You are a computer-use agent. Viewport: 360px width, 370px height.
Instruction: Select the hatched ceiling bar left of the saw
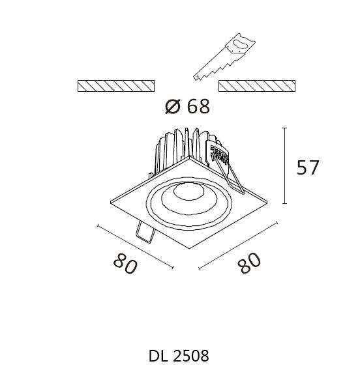(x=117, y=86)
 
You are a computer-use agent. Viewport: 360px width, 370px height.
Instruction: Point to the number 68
(x=198, y=106)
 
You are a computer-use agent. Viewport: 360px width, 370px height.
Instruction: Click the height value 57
(x=308, y=167)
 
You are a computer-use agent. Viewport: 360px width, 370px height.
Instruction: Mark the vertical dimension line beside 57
(x=285, y=166)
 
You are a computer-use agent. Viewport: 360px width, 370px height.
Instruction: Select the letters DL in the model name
(x=159, y=356)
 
